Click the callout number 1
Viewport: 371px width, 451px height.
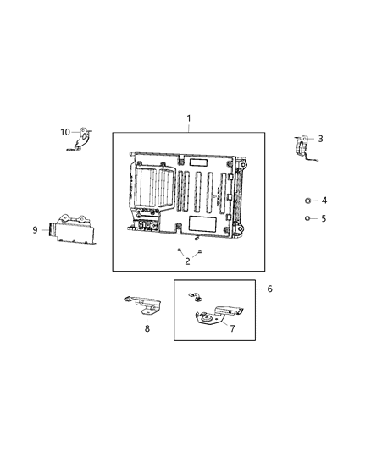point(189,118)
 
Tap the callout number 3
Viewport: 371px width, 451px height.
point(320,139)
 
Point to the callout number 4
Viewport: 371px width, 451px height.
point(324,201)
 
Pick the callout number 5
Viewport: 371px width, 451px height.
point(324,218)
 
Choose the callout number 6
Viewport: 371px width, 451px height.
point(269,289)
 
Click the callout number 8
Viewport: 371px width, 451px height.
point(147,327)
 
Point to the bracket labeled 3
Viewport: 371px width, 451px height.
point(303,147)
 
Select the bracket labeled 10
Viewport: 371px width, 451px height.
point(81,140)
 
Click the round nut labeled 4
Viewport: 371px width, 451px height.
point(309,201)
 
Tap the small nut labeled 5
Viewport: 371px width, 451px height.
point(309,218)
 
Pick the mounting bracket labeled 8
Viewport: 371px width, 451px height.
point(142,303)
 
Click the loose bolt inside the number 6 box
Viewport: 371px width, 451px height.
point(196,295)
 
